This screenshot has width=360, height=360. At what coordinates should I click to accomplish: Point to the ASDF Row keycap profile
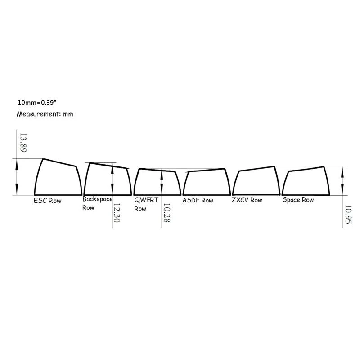[205, 182]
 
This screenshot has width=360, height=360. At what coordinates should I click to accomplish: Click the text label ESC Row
[47, 201]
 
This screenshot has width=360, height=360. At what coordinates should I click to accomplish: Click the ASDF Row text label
[198, 200]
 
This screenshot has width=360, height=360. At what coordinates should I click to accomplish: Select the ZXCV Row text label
[247, 200]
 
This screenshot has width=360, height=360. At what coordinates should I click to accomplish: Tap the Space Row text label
[298, 199]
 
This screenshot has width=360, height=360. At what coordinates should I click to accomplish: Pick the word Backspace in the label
[98, 199]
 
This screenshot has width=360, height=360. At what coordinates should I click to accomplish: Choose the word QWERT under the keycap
[146, 200]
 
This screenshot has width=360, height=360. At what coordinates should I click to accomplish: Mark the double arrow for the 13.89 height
[17, 177]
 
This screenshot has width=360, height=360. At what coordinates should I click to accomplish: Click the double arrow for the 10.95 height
[343, 180]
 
